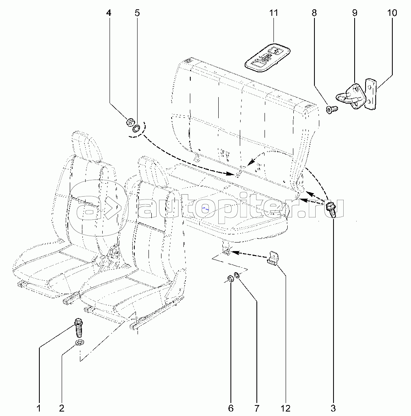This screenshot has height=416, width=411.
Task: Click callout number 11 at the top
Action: (x=274, y=13)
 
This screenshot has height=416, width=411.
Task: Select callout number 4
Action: (x=109, y=13)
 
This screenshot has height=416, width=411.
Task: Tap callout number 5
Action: (x=137, y=13)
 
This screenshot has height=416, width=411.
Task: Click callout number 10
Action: (x=392, y=13)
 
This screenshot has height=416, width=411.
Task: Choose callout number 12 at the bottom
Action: (x=286, y=407)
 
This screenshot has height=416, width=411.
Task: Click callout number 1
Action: (x=39, y=407)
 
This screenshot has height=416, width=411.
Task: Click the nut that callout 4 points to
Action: (x=131, y=121)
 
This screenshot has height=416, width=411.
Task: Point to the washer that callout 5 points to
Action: (x=137, y=129)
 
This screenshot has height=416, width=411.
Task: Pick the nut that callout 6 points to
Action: (x=230, y=279)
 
